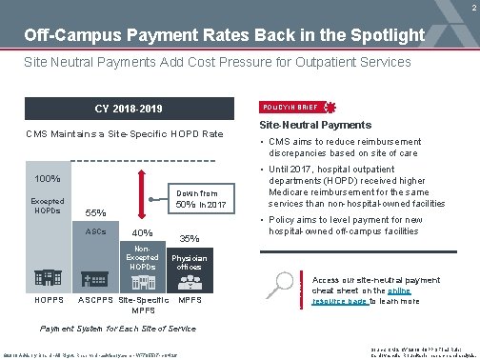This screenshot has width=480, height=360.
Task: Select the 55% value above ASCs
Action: (x=95, y=212)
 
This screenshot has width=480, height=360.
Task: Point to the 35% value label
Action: (x=188, y=238)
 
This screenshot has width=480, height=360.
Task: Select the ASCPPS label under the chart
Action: (x=95, y=301)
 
